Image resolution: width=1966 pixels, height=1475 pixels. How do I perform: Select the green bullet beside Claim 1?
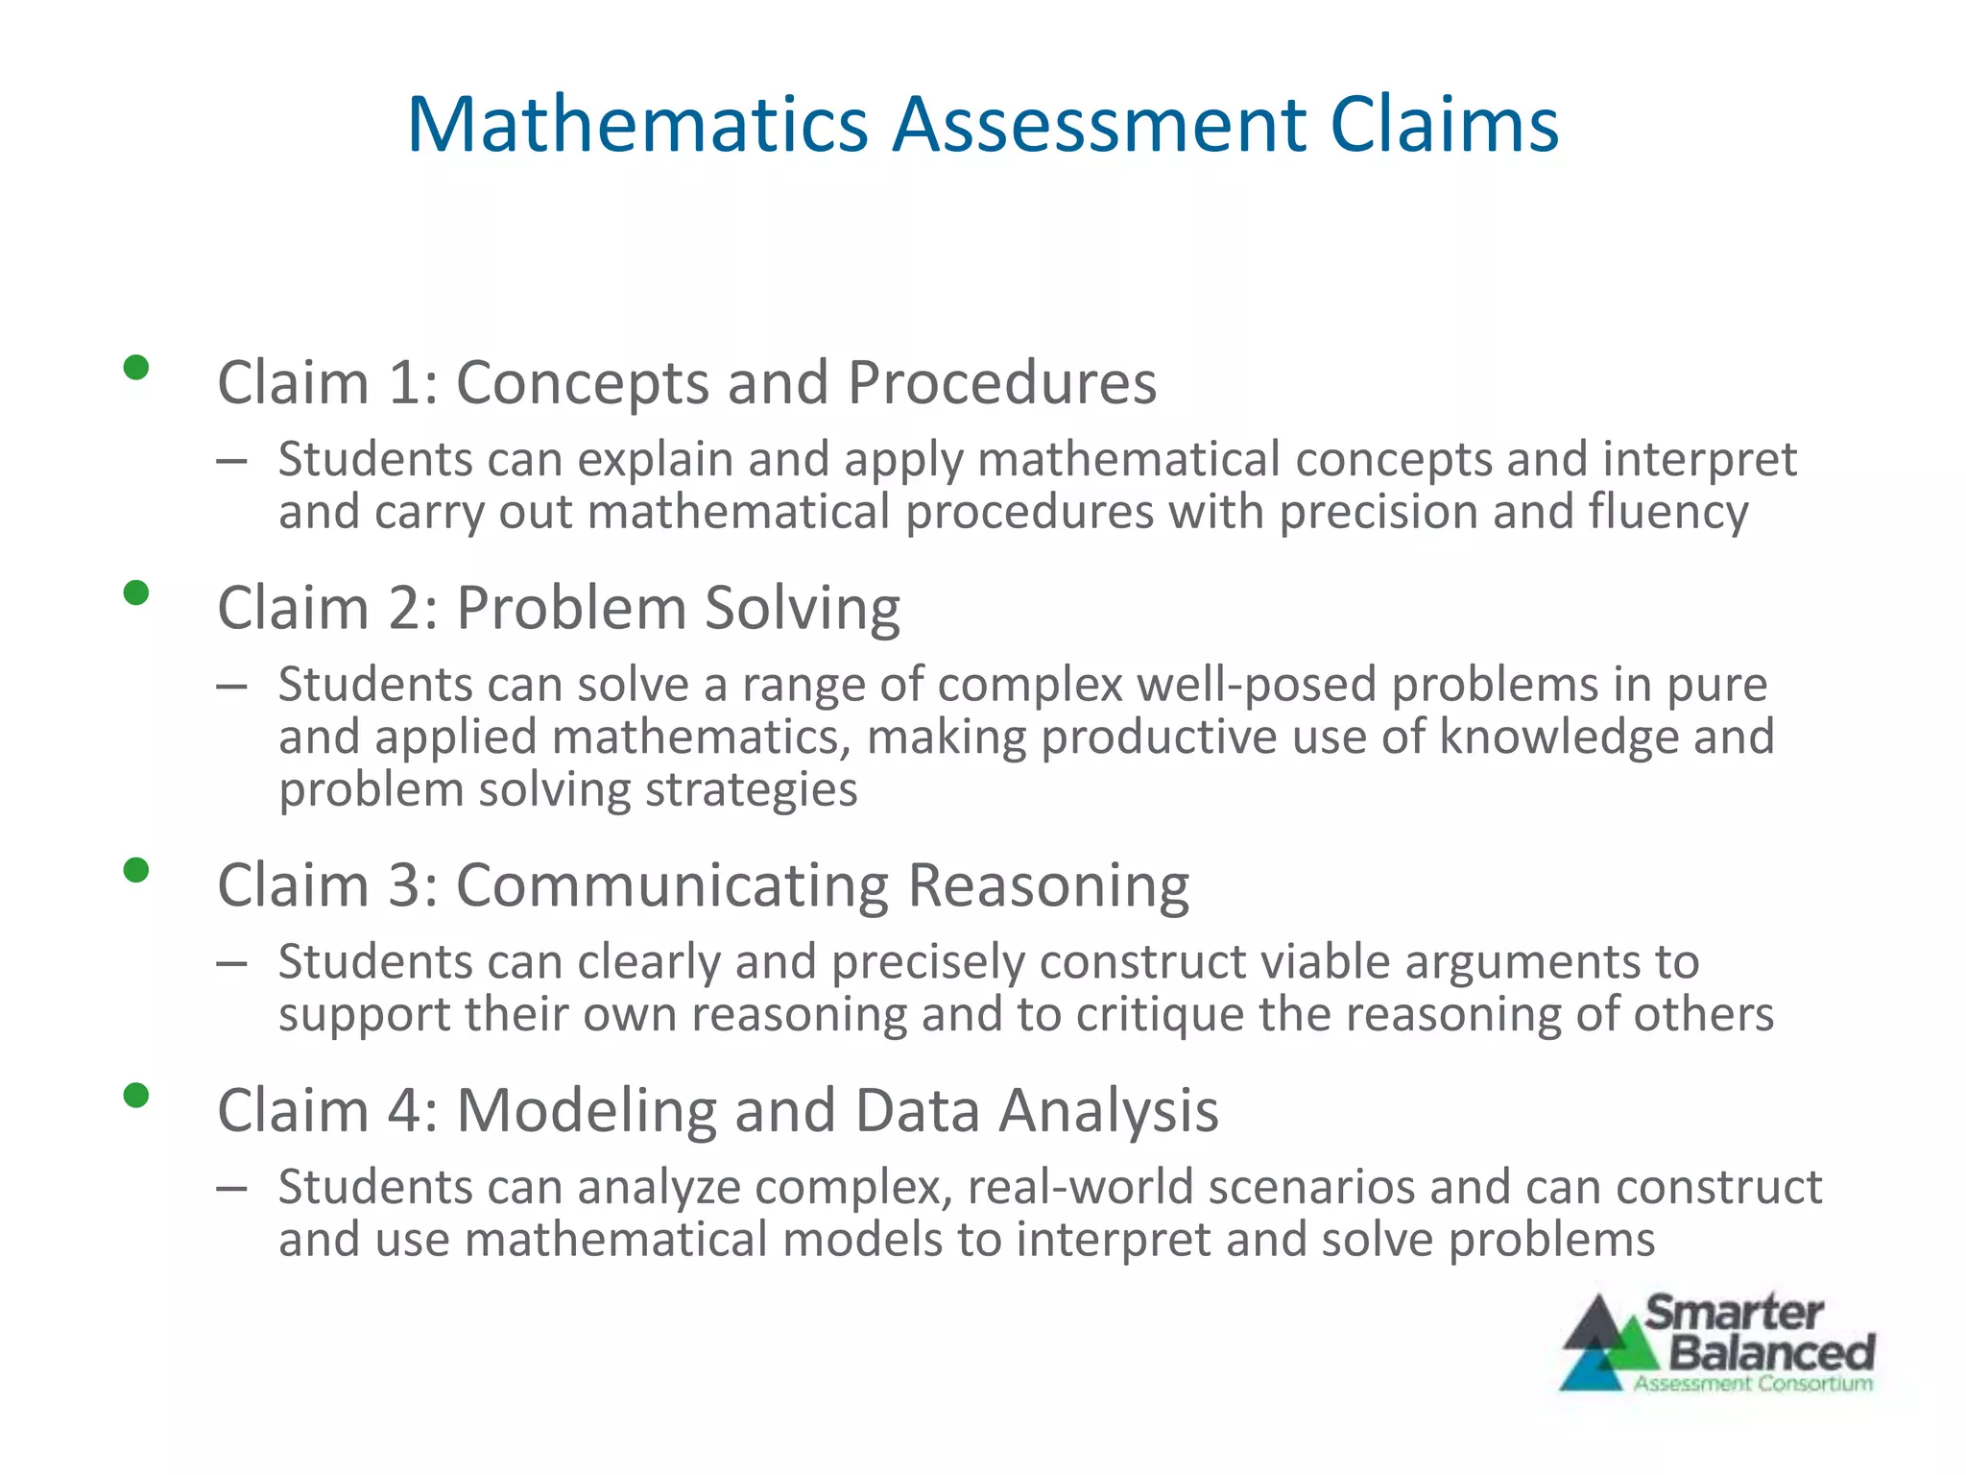click(x=136, y=368)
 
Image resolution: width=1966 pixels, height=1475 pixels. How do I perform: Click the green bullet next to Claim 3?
click(x=136, y=870)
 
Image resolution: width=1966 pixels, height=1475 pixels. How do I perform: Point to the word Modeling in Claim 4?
click(x=587, y=1111)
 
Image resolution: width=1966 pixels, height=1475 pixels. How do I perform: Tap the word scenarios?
click(x=1311, y=1188)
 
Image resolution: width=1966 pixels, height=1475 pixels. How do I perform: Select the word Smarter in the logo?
click(x=1734, y=1313)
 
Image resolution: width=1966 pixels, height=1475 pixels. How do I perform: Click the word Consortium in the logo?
click(x=1814, y=1384)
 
